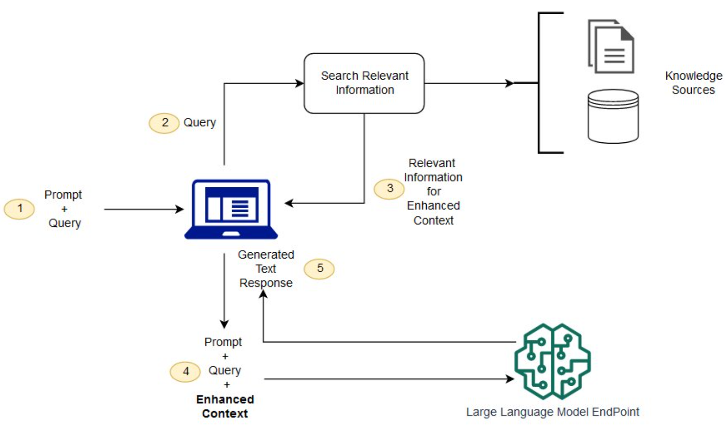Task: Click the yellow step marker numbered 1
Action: pyautogui.click(x=20, y=209)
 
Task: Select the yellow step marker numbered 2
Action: pyautogui.click(x=164, y=123)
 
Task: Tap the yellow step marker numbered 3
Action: pyautogui.click(x=389, y=189)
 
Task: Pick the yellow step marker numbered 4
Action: pyautogui.click(x=185, y=371)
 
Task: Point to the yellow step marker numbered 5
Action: pyautogui.click(x=319, y=268)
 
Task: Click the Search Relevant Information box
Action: pyautogui.click(x=364, y=83)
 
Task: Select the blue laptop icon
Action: pyautogui.click(x=231, y=209)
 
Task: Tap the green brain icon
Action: pyautogui.click(x=552, y=361)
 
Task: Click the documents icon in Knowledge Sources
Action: pyautogui.click(x=611, y=46)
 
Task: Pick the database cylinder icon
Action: pyautogui.click(x=613, y=116)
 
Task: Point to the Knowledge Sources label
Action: pyautogui.click(x=693, y=83)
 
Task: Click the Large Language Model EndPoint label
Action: pyautogui.click(x=552, y=412)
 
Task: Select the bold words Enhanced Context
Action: pyautogui.click(x=225, y=406)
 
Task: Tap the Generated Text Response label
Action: pyautogui.click(x=266, y=269)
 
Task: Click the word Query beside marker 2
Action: pyautogui.click(x=200, y=122)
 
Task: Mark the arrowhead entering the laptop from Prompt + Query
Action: pyautogui.click(x=180, y=209)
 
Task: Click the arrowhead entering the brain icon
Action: pyautogui.click(x=510, y=379)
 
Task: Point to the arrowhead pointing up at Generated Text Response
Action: pyautogui.click(x=264, y=294)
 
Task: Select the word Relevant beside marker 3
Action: pyautogui.click(x=432, y=163)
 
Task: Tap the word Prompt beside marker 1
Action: pyautogui.click(x=63, y=195)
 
